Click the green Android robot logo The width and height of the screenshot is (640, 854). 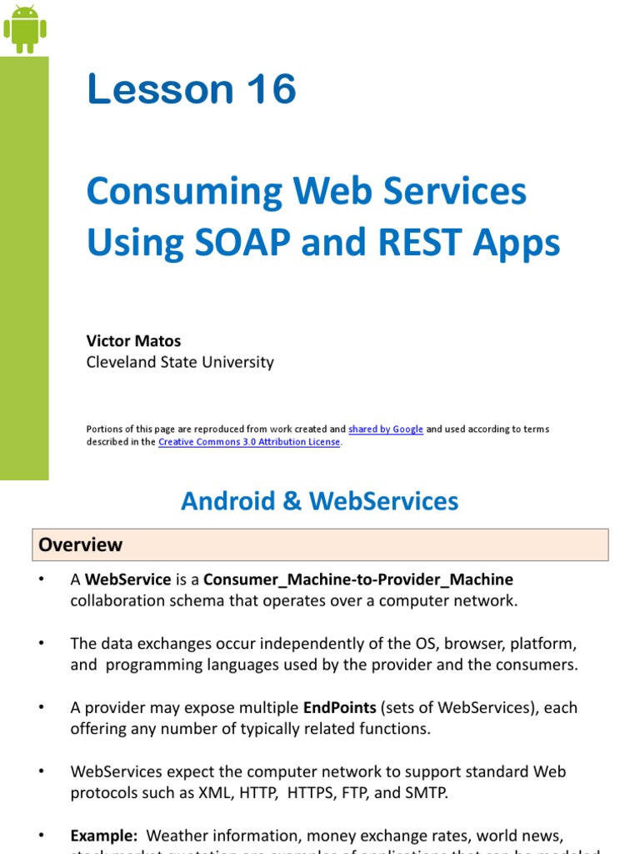[x=24, y=28]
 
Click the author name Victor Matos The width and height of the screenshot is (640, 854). [x=133, y=341]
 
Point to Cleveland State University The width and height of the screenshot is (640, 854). [x=180, y=362]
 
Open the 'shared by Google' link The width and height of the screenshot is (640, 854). [x=386, y=429]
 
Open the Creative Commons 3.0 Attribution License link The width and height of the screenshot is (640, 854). [x=249, y=442]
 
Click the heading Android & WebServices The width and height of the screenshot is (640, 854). [x=320, y=500]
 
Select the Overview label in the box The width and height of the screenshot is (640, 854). [x=81, y=545]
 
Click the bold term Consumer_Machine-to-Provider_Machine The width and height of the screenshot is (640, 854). [x=358, y=580]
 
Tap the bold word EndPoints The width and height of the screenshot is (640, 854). [x=339, y=707]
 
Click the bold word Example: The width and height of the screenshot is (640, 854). [x=103, y=835]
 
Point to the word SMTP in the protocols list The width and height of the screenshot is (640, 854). [x=427, y=792]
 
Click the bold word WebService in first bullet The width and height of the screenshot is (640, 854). [x=128, y=580]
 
